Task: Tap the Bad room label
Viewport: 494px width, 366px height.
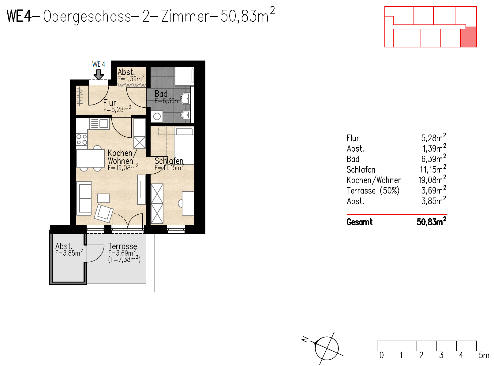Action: [x=161, y=94]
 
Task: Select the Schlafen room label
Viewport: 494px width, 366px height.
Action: [x=169, y=161]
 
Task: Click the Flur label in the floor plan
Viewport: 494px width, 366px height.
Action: [x=110, y=103]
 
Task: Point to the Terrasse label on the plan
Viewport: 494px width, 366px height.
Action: [x=122, y=246]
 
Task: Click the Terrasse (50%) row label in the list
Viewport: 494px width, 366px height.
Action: [x=373, y=191]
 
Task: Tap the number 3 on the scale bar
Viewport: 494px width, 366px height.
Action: [x=441, y=355]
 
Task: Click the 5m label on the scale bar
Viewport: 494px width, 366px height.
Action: [x=484, y=355]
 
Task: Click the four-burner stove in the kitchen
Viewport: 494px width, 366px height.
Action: [x=82, y=139]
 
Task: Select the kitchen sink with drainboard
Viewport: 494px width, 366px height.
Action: [x=99, y=124]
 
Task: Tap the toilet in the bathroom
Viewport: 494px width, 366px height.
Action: [x=185, y=115]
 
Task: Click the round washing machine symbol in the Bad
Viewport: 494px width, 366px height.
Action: [x=157, y=116]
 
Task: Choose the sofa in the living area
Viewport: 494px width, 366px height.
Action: [x=84, y=198]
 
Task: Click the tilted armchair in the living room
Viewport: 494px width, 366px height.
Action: [x=103, y=213]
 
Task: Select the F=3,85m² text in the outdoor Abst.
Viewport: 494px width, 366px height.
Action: [x=69, y=253]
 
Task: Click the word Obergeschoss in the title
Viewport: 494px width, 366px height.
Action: [x=87, y=16]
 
